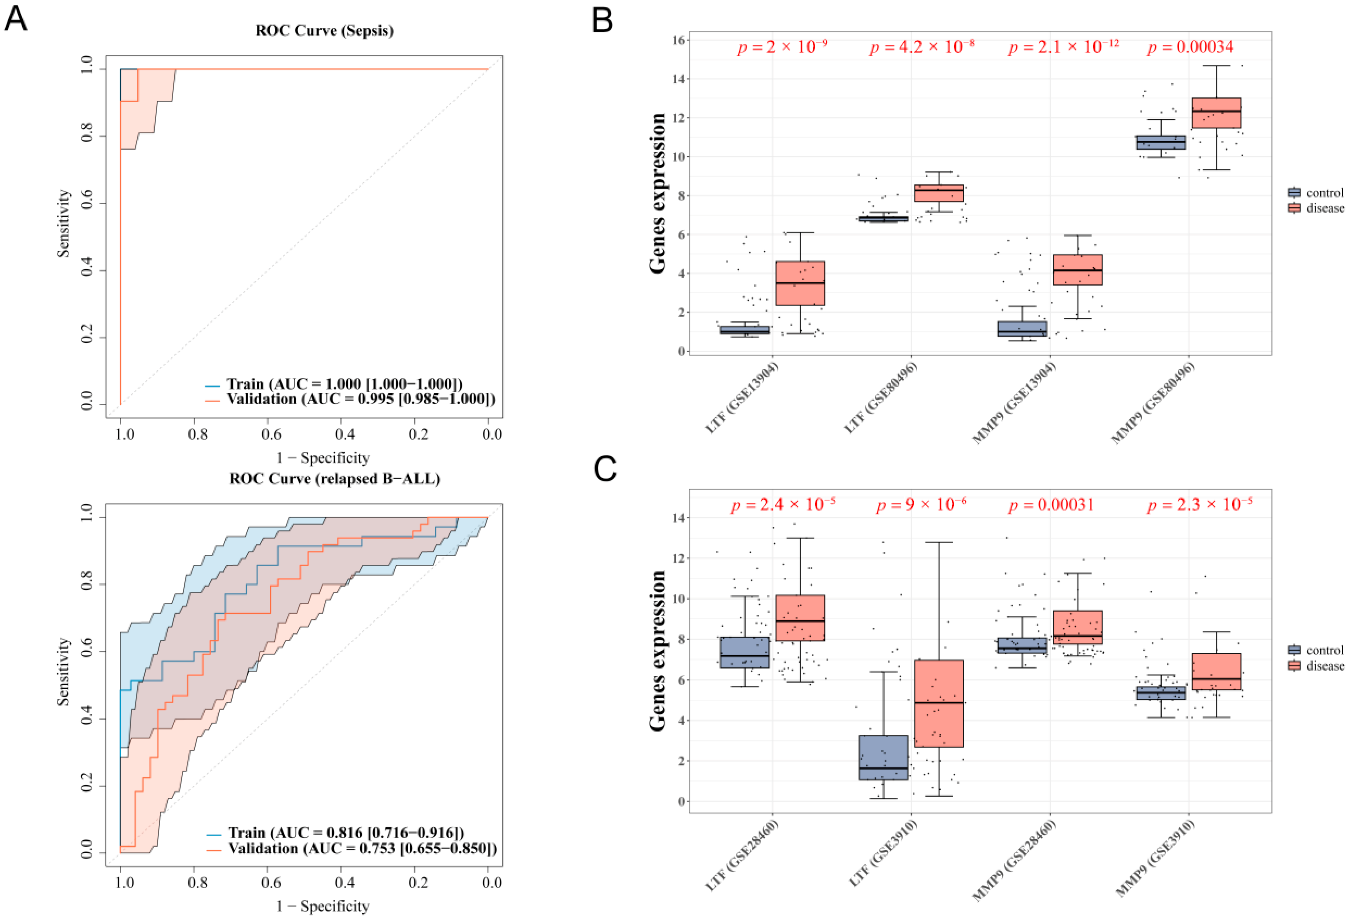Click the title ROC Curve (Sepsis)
(x=324, y=30)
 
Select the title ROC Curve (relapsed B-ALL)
(x=335, y=479)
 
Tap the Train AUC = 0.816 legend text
(x=346, y=833)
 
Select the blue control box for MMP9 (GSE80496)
(x=1161, y=142)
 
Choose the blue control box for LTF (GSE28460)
(x=744, y=652)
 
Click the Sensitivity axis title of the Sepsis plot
(x=63, y=224)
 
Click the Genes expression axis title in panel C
(x=658, y=650)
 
